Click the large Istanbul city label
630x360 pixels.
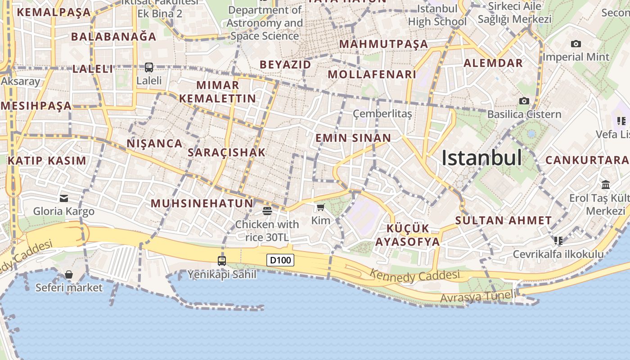coord(481,158)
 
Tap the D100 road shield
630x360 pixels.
coord(280,260)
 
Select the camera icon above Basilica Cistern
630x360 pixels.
coord(524,101)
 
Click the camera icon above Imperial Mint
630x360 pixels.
coord(576,44)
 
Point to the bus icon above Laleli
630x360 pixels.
coord(149,67)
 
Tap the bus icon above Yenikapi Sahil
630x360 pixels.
coord(221,261)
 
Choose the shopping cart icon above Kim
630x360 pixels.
coord(320,207)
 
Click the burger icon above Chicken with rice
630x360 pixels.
coord(267,211)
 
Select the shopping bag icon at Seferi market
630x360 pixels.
coord(69,274)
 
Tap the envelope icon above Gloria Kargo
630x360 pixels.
coord(64,198)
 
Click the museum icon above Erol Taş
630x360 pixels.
coord(606,185)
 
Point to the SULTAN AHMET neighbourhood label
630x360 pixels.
coord(503,220)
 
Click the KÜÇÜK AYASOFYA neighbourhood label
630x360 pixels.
coord(407,235)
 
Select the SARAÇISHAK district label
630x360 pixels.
coord(226,153)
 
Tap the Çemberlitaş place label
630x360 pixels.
coord(382,114)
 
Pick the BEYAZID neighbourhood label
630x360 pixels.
coord(285,64)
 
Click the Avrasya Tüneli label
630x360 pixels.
coord(477,297)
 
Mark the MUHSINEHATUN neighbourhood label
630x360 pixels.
coord(202,203)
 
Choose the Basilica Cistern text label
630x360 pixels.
coord(524,114)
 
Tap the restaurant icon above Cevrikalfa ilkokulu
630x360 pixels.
coord(558,241)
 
